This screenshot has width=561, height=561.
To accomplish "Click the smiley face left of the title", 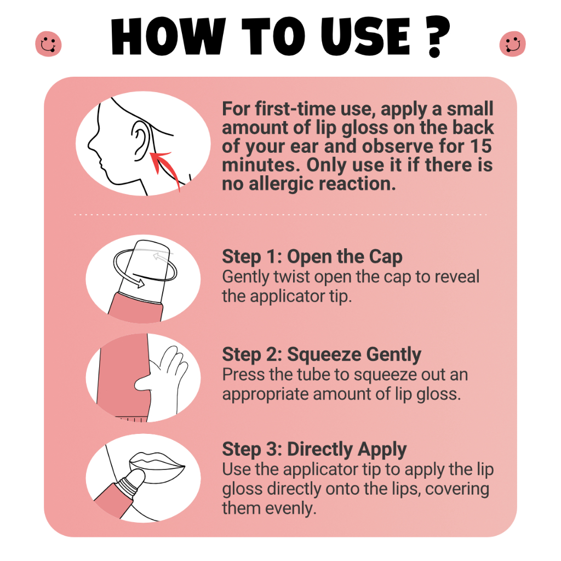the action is point(48,44).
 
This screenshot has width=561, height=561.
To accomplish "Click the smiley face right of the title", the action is point(512,44).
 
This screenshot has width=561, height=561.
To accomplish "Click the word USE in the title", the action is point(365,36).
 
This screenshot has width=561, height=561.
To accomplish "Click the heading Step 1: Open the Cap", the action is point(312,256).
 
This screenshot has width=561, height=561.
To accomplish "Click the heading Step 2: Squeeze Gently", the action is point(322,354).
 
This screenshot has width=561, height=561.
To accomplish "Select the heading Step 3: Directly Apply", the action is point(314,449).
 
